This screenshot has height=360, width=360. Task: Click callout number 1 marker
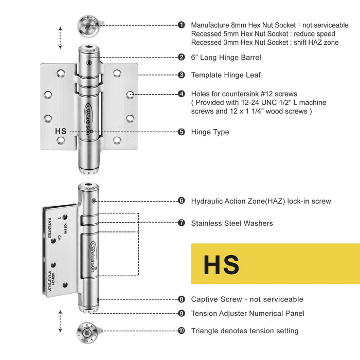coord(182,25)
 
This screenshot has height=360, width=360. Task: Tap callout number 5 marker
coord(182,132)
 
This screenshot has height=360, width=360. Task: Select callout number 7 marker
coord(182,223)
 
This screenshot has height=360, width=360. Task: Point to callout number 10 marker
coord(182,331)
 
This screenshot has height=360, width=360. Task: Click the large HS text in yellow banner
coord(221,264)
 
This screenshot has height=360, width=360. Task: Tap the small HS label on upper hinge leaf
coord(61,131)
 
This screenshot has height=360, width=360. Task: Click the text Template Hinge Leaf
coord(226,75)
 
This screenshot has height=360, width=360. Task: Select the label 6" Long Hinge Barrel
coord(226,58)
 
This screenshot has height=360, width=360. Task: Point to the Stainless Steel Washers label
coord(232,223)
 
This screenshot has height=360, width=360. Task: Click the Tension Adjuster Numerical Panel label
coord(248,313)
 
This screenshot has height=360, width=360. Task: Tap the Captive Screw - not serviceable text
coord(247,299)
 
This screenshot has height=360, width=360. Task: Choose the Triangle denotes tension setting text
coord(245,331)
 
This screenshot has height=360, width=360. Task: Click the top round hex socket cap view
coord(89,25)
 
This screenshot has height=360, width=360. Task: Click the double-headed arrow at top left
coord(60,38)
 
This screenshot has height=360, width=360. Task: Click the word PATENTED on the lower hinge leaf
coord(50,227)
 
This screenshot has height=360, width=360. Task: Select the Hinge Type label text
coord(210,132)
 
